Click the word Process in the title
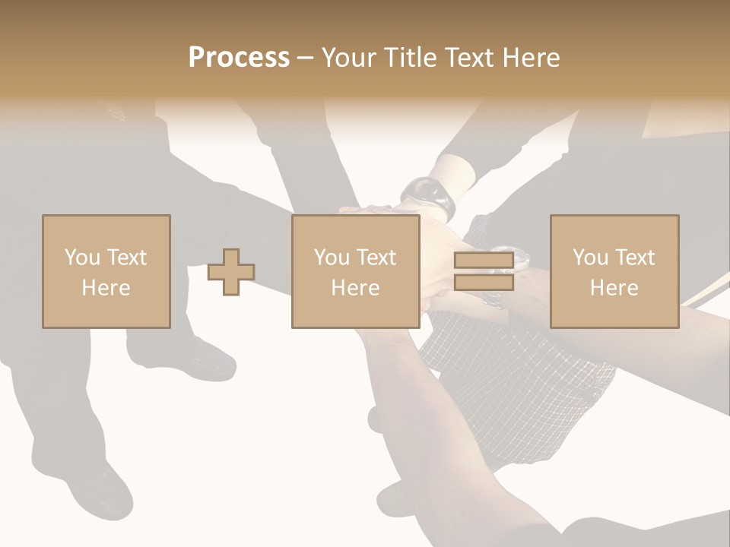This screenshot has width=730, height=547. [x=239, y=58]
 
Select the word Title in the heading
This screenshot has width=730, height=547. [x=410, y=58]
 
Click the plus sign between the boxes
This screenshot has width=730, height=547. [x=232, y=272]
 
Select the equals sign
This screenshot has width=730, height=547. [x=484, y=272]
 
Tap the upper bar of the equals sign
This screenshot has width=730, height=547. [x=484, y=261]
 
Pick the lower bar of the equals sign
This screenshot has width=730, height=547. [x=484, y=283]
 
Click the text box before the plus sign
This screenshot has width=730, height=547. [x=106, y=272]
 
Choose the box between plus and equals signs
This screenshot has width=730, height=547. [x=356, y=272]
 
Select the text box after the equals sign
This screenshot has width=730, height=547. [x=614, y=272]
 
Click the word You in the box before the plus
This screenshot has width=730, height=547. [x=81, y=258]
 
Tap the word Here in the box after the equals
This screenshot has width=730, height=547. [x=614, y=288]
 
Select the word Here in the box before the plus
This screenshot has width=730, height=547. [x=106, y=288]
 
